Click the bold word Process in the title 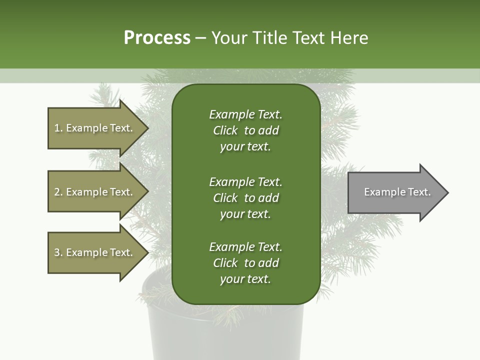click(x=157, y=38)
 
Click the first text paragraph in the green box click(x=245, y=130)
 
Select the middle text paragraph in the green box click(x=245, y=198)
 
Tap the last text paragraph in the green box click(x=245, y=263)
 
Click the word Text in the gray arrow click(x=419, y=192)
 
